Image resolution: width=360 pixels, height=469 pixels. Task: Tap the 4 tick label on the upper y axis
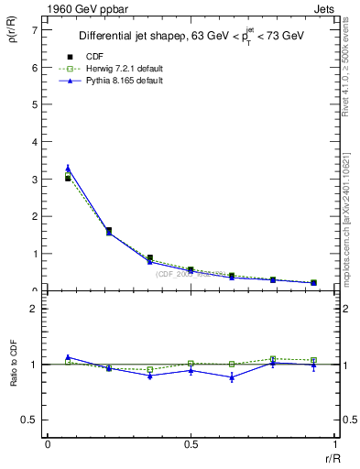(33, 142)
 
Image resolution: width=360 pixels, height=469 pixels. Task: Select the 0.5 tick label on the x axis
(190, 444)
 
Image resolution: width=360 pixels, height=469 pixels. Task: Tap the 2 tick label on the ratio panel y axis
(33, 310)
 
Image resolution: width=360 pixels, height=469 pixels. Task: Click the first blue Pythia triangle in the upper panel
(68, 168)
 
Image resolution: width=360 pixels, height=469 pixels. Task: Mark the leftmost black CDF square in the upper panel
(68, 179)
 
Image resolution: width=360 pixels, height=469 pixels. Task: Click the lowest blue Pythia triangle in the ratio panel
(233, 377)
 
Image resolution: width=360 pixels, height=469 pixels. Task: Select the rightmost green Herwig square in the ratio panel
(313, 360)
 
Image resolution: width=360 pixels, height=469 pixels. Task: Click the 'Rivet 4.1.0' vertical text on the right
(352, 64)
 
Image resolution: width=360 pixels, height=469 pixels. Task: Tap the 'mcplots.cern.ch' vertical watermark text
(352, 220)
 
